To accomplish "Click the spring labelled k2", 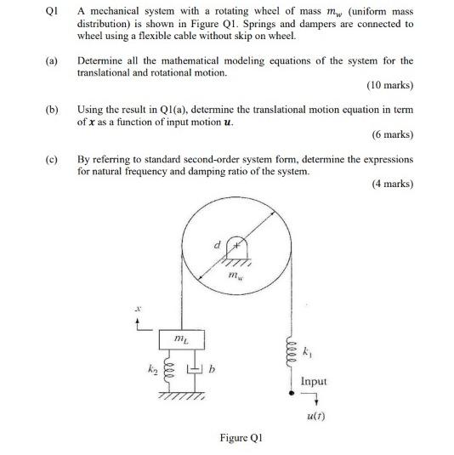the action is point(168,372).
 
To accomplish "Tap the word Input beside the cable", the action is point(313,381).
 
